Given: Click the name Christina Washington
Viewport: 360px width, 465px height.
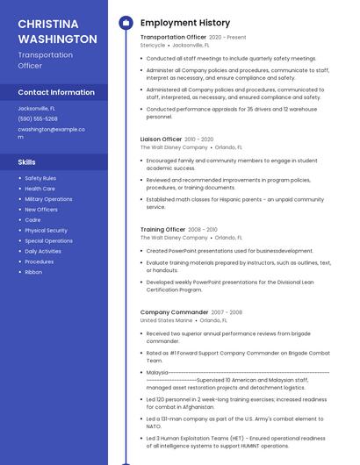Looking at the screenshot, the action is [57, 31].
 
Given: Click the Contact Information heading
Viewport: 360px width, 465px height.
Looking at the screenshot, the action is [56, 92].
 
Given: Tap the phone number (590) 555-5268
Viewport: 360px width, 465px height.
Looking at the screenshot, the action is [38, 118].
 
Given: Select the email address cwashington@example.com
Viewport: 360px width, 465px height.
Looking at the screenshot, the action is [52, 129].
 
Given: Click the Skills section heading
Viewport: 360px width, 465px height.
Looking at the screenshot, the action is [27, 162].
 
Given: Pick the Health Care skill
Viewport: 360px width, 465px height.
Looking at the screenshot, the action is [40, 189].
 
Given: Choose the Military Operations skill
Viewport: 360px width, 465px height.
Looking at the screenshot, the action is [48, 199].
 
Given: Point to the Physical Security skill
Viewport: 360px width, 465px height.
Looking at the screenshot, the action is [46, 231].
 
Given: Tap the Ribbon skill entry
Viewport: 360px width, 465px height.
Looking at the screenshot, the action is [33, 272].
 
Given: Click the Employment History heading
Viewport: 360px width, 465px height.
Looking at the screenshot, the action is [185, 23].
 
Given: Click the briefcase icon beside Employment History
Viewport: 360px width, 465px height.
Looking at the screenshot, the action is [126, 23].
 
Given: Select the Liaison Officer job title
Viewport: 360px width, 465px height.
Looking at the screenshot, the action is [161, 139].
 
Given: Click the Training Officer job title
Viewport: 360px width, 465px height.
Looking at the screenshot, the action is [162, 229].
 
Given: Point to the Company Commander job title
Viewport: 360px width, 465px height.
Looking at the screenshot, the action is [174, 312].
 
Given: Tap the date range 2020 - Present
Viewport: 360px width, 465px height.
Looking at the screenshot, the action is [227, 38].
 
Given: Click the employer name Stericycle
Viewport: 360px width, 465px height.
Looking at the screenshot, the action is [153, 45].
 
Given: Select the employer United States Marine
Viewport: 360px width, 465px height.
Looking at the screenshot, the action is [166, 320].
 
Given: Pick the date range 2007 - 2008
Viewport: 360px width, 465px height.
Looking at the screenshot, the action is [227, 312].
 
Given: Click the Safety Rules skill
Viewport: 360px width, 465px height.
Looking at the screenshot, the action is [40, 178].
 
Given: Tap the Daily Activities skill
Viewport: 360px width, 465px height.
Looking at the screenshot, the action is [43, 251].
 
